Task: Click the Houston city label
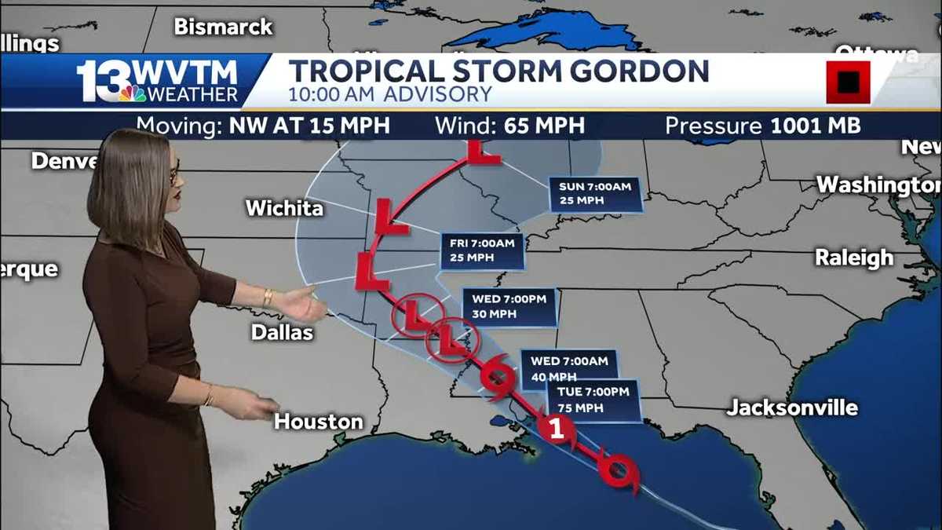[319, 422]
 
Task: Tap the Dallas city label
[282, 332]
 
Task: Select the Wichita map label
[284, 208]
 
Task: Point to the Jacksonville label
[792, 408]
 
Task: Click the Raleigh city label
[854, 258]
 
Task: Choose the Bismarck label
[223, 27]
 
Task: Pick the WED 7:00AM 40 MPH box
[568, 368]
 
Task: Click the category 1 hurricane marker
[557, 429]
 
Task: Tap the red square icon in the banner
[848, 82]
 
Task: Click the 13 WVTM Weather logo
[157, 81]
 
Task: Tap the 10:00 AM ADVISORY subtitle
[390, 95]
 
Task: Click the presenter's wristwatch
[268, 298]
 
